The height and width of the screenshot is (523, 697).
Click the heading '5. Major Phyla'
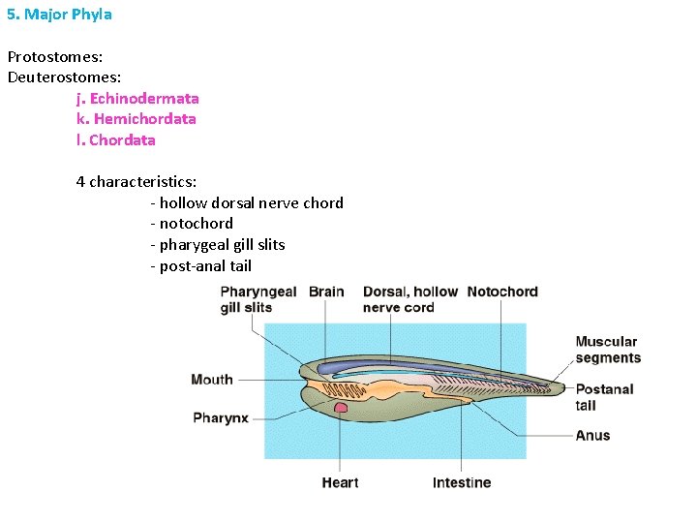coord(60,15)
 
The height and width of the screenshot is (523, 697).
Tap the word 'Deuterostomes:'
coord(64,77)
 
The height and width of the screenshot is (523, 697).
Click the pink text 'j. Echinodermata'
coord(137,98)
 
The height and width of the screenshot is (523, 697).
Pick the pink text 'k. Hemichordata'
coord(136,119)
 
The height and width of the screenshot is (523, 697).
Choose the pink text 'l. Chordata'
coord(116,139)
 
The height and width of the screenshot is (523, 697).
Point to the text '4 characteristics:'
coord(136,181)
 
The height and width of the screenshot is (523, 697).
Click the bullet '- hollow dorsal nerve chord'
coord(247,202)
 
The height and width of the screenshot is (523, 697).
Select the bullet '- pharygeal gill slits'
coord(218,244)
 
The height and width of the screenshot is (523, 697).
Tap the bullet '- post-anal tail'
coord(200,265)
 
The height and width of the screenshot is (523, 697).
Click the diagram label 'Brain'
coord(326,292)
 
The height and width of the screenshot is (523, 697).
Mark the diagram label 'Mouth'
coord(212,380)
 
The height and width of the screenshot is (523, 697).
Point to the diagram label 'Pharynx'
coord(221,418)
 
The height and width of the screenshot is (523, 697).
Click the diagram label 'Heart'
coord(340,482)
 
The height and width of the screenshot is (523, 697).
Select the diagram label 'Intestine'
coord(462,482)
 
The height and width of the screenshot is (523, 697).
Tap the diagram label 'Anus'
coord(592,436)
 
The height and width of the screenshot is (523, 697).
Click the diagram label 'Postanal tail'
coord(604,397)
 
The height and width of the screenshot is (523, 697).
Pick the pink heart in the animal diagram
coord(341,409)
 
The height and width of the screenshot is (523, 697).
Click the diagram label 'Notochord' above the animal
coord(501,292)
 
